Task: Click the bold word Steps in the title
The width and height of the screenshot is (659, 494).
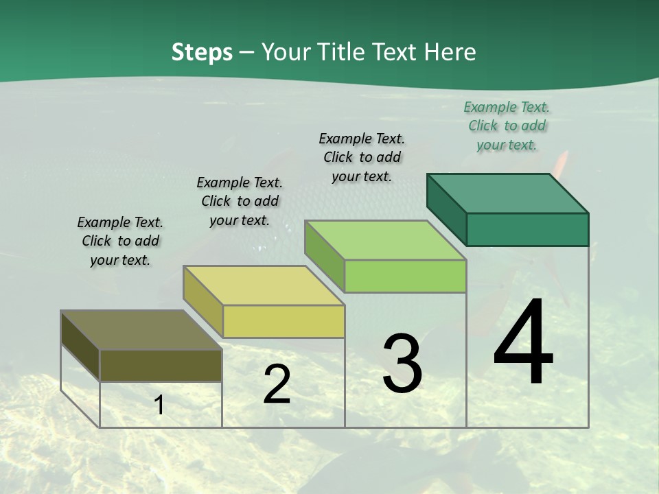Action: coord(202,52)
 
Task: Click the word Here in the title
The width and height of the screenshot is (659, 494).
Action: coord(450,52)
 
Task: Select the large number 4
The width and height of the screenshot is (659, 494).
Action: coord(523,343)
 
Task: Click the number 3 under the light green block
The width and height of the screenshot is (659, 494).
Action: coord(402,364)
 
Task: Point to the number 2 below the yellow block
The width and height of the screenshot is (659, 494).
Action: coord(277,385)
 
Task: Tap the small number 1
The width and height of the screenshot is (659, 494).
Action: coord(159,405)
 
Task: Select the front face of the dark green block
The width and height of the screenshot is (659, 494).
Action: coord(527,229)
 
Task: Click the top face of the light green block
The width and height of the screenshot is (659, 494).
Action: coord(385,240)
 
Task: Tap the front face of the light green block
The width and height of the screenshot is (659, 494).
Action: coord(405,277)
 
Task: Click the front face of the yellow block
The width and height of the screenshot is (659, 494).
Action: coord(284,321)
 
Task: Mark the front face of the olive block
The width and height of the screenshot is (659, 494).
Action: coord(161,366)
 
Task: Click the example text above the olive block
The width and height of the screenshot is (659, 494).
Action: coord(120,241)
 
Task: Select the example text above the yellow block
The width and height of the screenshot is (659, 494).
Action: coord(240,201)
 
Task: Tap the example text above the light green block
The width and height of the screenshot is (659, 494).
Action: coord(362,157)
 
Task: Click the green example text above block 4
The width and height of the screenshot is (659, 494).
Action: coord(507,126)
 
